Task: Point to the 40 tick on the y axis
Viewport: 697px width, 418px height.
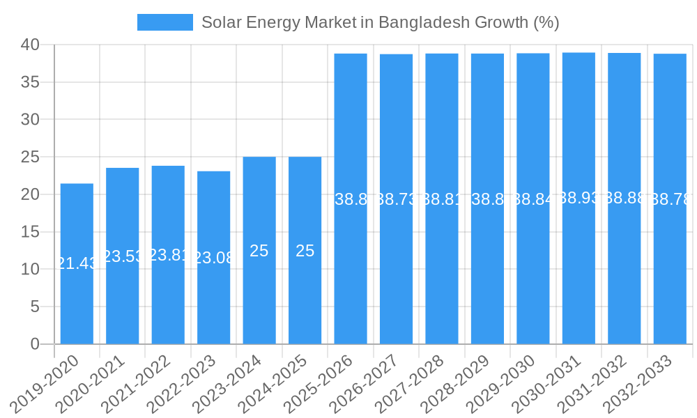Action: [x=31, y=45]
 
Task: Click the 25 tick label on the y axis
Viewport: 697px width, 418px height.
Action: [x=31, y=157]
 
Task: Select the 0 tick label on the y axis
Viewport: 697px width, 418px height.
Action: [x=36, y=344]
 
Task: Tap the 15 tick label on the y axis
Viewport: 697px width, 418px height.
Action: [x=31, y=232]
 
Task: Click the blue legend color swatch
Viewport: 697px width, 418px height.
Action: [x=165, y=22]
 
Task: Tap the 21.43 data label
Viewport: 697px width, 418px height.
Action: [x=77, y=263]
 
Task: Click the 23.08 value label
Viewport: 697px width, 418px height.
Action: [x=213, y=258]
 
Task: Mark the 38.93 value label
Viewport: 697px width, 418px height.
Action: [x=579, y=198]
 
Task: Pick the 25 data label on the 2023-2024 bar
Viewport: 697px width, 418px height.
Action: [x=259, y=251]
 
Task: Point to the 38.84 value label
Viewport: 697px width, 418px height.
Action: [x=533, y=199]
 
